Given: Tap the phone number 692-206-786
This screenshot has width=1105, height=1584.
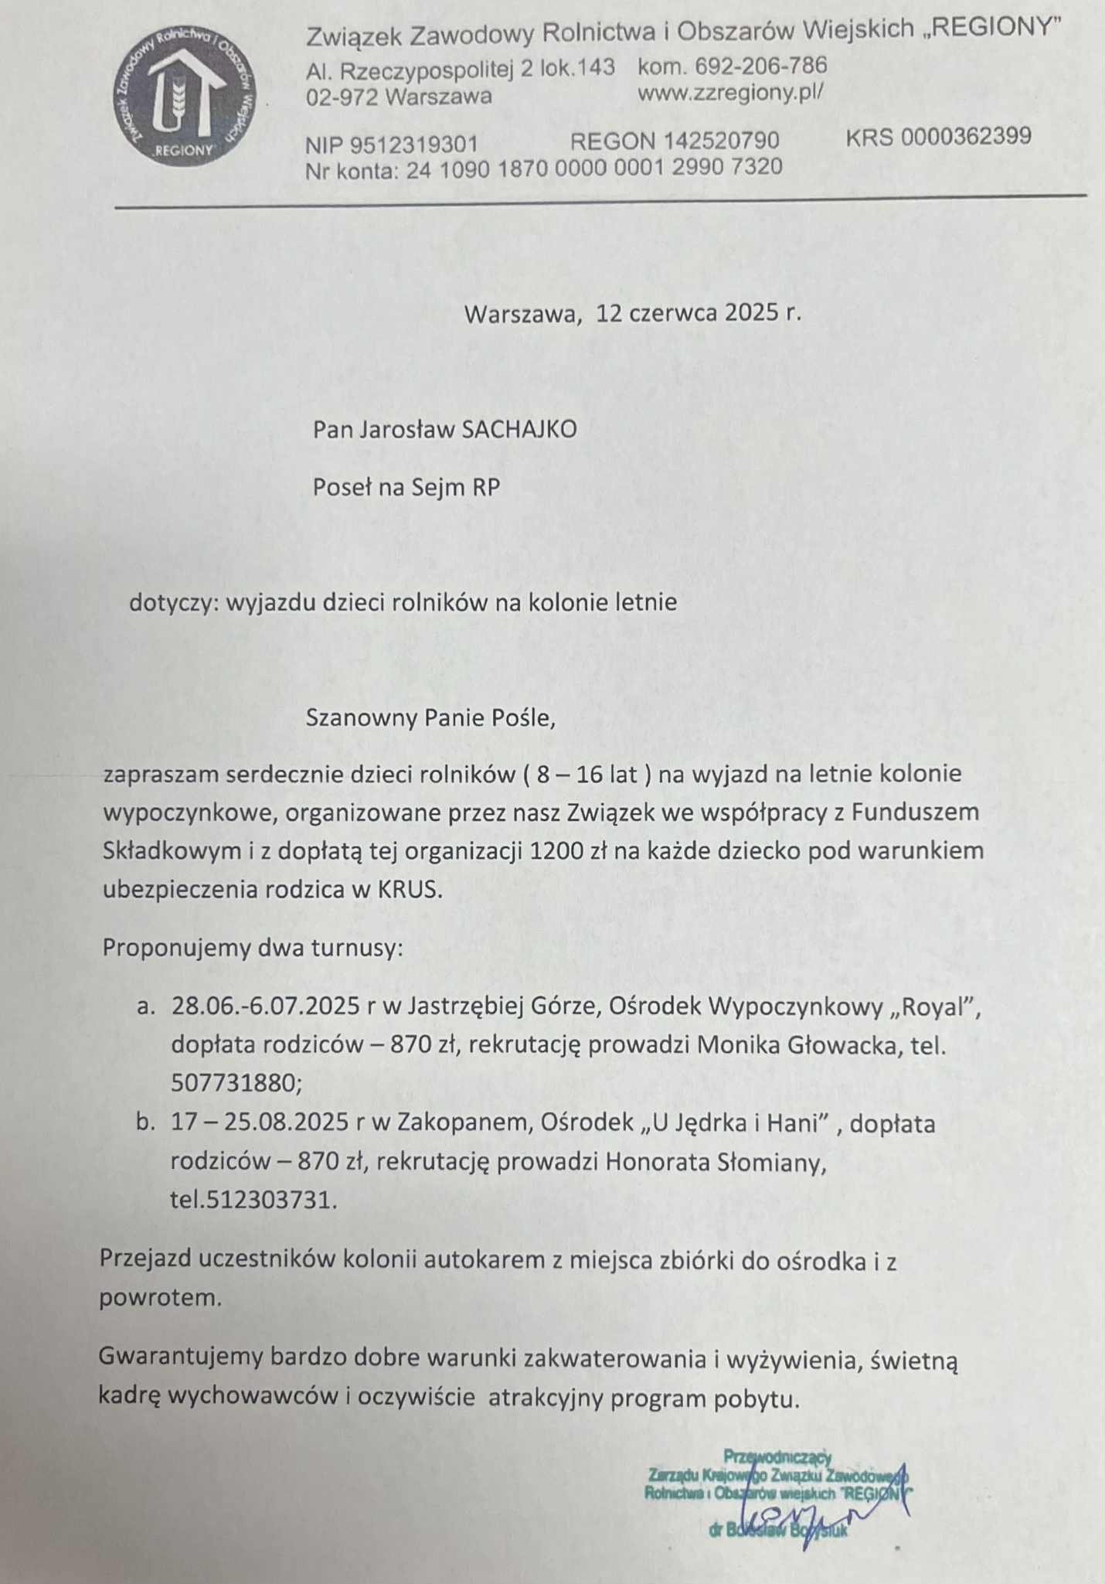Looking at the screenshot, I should click(761, 66).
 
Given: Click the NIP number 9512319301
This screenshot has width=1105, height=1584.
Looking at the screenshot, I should click(414, 145).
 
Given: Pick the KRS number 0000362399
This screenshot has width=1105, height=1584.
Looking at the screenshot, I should click(966, 137).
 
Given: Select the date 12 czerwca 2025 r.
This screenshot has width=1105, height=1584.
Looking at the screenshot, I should click(699, 313).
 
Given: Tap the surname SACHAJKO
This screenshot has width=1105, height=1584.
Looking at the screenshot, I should click(518, 430).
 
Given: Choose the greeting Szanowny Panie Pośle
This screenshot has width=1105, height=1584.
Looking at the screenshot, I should click(430, 718).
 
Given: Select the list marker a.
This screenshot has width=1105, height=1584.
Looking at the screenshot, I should click(145, 1007).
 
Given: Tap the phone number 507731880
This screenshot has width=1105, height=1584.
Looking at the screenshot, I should click(234, 1084).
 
